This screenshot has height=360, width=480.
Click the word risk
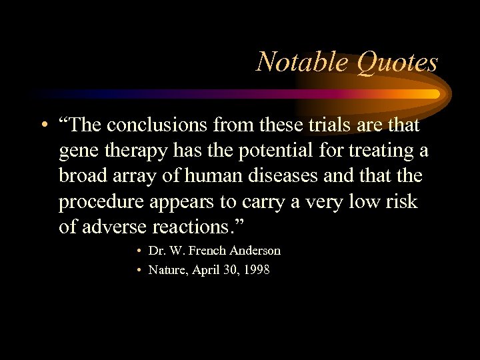click(401, 202)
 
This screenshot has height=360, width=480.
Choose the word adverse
click(115, 227)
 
